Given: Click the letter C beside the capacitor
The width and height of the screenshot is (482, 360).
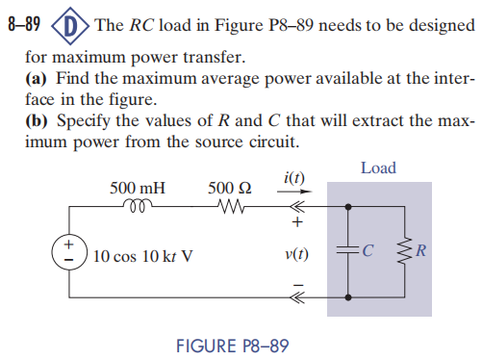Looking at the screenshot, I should pyautogui.click(x=370, y=254).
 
